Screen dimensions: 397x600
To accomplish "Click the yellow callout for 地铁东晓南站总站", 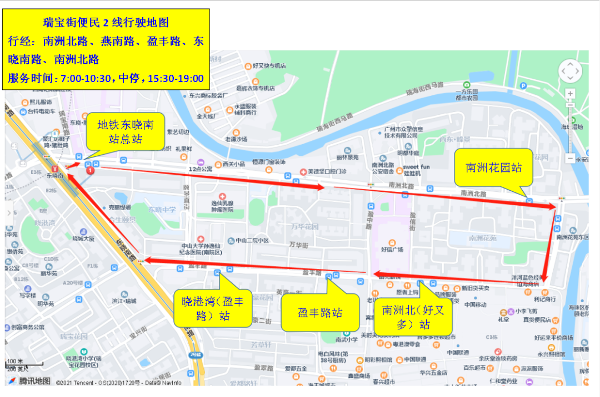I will pyautogui.click(x=126, y=131).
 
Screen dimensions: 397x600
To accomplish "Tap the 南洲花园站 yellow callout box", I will pyautogui.click(x=494, y=167).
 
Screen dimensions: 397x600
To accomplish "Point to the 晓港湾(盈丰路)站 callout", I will pyautogui.click(x=213, y=309).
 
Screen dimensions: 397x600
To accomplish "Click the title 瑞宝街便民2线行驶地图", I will pyautogui.click(x=106, y=23).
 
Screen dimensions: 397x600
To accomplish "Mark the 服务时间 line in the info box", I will pyautogui.click(x=106, y=78).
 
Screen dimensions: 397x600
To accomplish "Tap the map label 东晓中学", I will pyautogui.click(x=162, y=210).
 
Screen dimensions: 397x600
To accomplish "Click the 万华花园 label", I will pyautogui.click(x=305, y=227).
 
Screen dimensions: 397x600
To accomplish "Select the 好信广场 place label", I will pyautogui.click(x=392, y=250).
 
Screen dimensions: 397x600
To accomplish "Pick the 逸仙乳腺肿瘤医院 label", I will pyautogui.click(x=223, y=206).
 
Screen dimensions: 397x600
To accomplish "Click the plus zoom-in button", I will pyautogui.click(x=571, y=93).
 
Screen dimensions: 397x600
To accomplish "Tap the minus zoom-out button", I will pyautogui.click(x=571, y=158).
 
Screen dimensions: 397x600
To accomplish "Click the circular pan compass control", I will pyautogui.click(x=571, y=71).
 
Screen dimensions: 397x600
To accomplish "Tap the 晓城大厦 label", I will pyautogui.click(x=83, y=238).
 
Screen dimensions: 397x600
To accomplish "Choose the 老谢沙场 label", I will pyautogui.click(x=236, y=139).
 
